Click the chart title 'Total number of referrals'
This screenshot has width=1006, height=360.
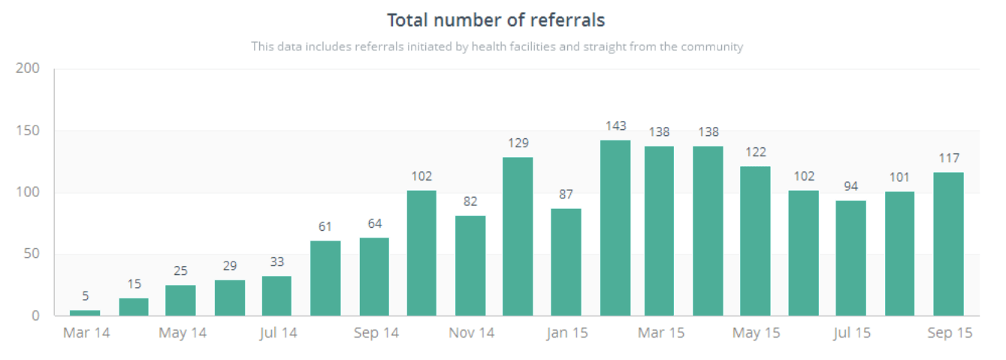[496, 20]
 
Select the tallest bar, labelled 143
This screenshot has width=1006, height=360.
[615, 228]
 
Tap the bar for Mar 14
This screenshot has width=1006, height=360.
[85, 313]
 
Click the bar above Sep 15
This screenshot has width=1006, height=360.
[948, 244]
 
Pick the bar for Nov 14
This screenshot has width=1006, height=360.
[470, 265]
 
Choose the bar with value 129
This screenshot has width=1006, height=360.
[518, 236]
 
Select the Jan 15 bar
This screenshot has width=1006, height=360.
[566, 262]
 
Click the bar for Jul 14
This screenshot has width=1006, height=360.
[276, 295]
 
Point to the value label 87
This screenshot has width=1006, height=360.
[566, 195]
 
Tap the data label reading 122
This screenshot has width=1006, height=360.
[755, 152]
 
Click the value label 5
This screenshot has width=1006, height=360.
[85, 296]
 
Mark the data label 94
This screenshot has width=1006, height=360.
[851, 186]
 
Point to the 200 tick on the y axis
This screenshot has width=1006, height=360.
[28, 69]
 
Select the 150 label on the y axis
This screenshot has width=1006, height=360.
[28, 131]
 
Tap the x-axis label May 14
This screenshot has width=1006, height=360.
[183, 333]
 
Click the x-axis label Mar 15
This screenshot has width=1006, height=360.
[661, 333]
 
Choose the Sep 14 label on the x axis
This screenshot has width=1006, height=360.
[376, 333]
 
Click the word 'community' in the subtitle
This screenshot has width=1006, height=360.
[711, 47]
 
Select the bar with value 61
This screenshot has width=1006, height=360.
[325, 278]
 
